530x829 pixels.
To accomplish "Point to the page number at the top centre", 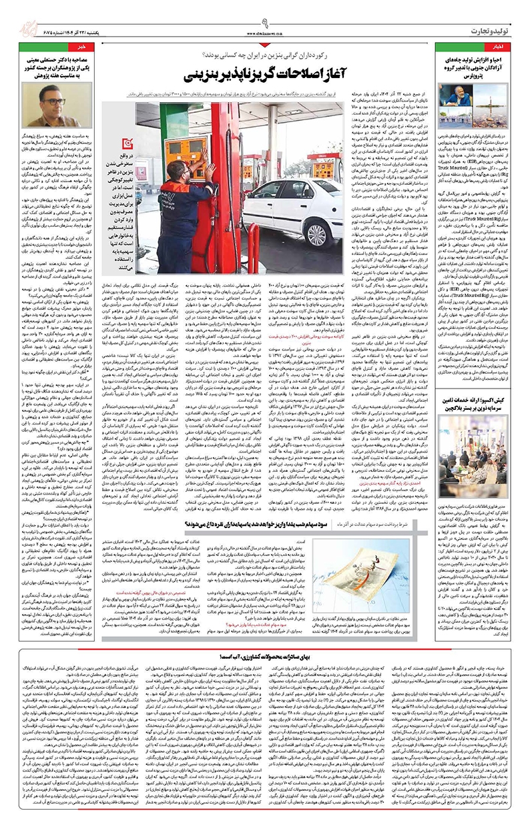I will point(265,9).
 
